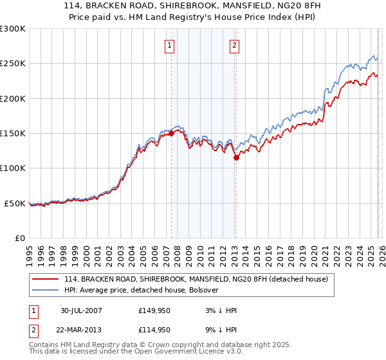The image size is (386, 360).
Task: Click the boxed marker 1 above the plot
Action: [x=170, y=45]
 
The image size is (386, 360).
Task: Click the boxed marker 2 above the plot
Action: [x=234, y=45]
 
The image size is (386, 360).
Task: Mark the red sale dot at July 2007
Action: [x=172, y=133]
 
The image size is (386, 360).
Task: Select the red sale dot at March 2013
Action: [x=236, y=157]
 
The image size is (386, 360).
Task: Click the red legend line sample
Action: [x=46, y=279]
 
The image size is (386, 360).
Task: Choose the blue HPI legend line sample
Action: [x=46, y=290]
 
